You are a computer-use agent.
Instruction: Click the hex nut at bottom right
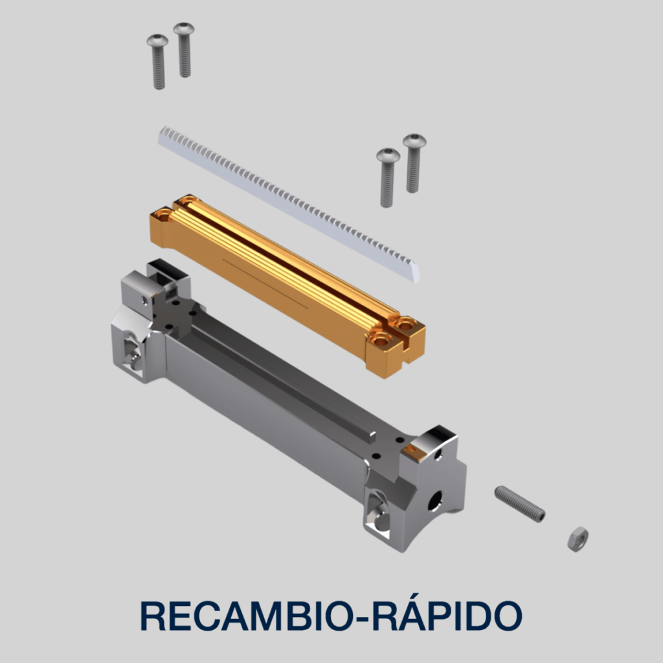pyautogui.click(x=578, y=539)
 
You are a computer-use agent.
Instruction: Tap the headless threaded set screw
pyautogui.click(x=520, y=504)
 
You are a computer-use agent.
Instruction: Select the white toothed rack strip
pyautogui.click(x=289, y=204)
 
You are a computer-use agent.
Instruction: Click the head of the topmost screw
pyautogui.click(x=184, y=28)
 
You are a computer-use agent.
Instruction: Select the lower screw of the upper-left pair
pyautogui.click(x=158, y=62)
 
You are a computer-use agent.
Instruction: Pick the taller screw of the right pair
pyautogui.click(x=414, y=163)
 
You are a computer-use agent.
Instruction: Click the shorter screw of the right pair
pyautogui.click(x=388, y=177)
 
